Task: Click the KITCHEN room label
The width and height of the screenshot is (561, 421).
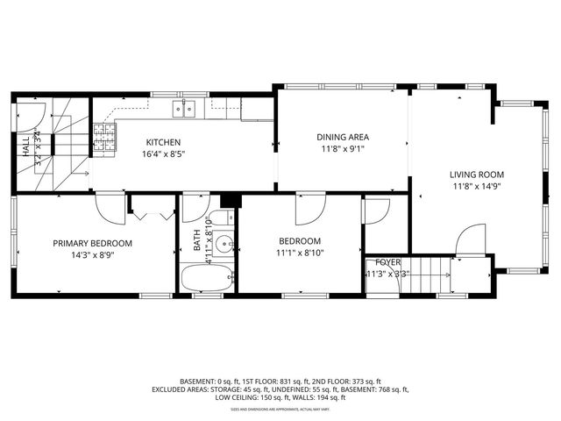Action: click(x=163, y=142)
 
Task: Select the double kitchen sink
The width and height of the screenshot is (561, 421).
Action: click(x=184, y=109)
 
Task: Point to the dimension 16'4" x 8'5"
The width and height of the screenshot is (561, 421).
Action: click(x=163, y=154)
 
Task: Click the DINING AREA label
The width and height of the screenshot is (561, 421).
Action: click(x=343, y=137)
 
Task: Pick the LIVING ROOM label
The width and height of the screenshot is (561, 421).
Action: click(x=478, y=175)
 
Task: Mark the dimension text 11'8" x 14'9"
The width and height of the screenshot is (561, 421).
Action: click(x=478, y=187)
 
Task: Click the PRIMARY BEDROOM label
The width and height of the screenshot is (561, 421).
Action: click(x=92, y=243)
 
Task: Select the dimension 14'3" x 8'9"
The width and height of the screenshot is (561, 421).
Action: click(x=92, y=255)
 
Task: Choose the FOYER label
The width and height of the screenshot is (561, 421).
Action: click(x=387, y=262)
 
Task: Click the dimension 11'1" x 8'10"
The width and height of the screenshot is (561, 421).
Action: click(x=300, y=253)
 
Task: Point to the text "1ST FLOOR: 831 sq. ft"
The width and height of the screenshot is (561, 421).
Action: click(x=267, y=382)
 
